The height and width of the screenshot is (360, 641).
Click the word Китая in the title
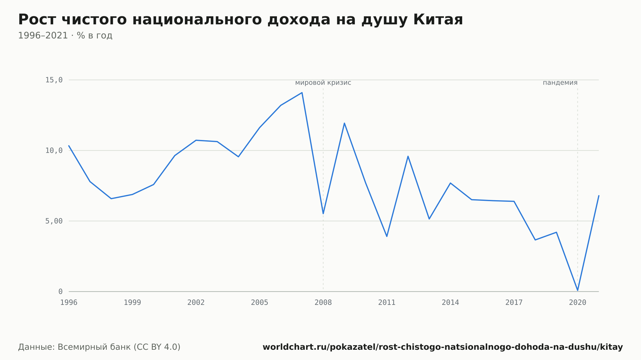438,20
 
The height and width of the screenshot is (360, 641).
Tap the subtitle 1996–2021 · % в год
65,36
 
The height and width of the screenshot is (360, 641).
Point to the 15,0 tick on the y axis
54,80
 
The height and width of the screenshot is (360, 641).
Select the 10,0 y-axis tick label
54,151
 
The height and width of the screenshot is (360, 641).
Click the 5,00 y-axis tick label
54,221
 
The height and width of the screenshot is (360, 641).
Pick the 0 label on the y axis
61,291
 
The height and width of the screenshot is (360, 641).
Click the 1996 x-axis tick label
69,302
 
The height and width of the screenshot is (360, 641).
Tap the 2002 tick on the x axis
196,302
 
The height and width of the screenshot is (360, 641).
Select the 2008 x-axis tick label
323,302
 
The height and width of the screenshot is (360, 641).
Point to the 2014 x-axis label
450,302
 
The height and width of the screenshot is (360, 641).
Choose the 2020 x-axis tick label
578,302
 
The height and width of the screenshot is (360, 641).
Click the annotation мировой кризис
323,83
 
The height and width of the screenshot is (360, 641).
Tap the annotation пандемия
560,83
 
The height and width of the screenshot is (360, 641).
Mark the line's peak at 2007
302,93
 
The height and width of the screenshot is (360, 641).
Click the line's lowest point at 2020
578,290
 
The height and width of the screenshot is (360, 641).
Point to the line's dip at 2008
323,214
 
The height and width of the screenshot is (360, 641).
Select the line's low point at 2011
387,236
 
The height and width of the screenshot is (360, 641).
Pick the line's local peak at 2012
408,156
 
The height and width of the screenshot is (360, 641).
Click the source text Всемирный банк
94,347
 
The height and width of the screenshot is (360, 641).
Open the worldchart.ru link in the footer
443,347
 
